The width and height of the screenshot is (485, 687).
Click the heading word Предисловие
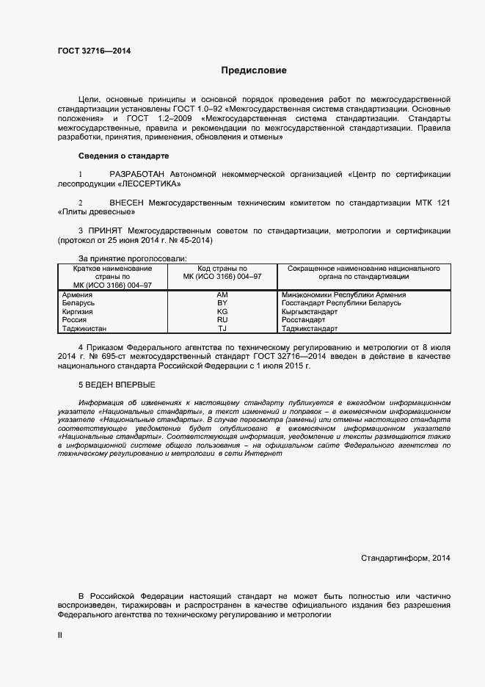tap(254, 70)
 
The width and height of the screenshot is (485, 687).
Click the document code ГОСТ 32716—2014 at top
tap(95, 51)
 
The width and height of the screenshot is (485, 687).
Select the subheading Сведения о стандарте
tap(123, 156)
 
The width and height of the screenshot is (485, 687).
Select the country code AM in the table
tap(222, 294)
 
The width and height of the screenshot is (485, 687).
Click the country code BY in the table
tap(222, 303)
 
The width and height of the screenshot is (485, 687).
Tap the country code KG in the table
tap(222, 312)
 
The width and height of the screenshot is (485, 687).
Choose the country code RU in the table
tap(222, 321)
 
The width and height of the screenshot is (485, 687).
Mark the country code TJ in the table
tap(222, 330)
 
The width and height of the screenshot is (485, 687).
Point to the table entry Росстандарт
tap(303, 321)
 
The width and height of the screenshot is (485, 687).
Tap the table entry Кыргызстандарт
tap(309, 312)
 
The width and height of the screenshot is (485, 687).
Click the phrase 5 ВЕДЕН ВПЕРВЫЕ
tap(117, 385)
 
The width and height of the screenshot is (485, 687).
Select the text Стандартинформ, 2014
tap(406, 559)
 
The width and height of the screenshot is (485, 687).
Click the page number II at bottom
tap(60, 635)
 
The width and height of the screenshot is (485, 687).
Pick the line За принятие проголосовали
tap(132, 259)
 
